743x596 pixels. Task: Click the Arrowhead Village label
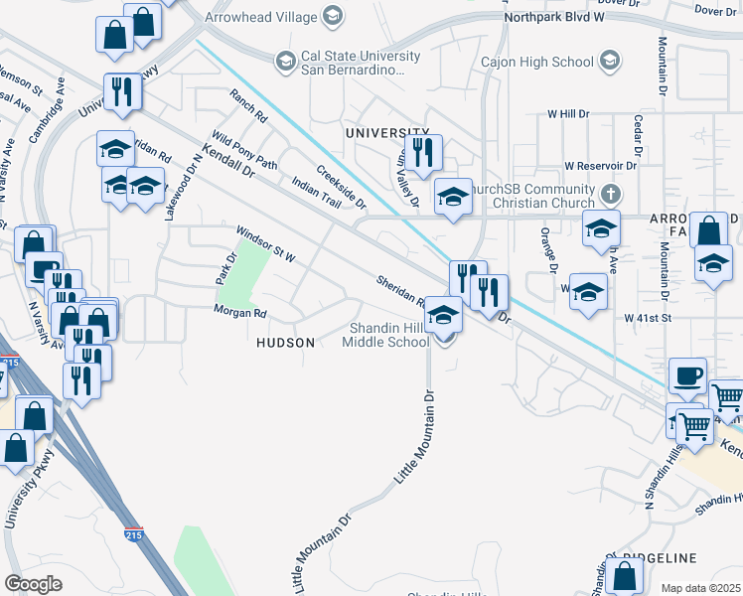[x=260, y=16]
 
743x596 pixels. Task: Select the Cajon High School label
[x=536, y=63]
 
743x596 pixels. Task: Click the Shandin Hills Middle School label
[x=385, y=336]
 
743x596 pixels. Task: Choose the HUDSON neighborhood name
[x=286, y=343]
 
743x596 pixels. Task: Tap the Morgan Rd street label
[x=240, y=312]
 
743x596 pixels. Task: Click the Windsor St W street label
[x=265, y=245]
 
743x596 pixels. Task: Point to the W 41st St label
[x=649, y=318]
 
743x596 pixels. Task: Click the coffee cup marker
[x=687, y=376]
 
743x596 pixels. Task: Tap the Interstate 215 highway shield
[x=133, y=534]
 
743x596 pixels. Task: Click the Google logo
[x=33, y=584]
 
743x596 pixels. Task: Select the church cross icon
[x=610, y=191]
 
